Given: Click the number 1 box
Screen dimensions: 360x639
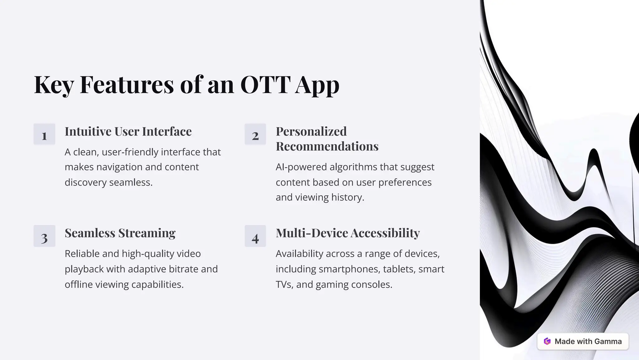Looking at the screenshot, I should click(44, 134).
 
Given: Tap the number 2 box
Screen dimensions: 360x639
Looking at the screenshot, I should click(255, 134).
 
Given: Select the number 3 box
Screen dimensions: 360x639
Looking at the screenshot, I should click(44, 236).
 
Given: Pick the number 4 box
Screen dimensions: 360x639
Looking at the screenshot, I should click(255, 236).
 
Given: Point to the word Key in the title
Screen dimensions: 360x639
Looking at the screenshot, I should click(54, 85).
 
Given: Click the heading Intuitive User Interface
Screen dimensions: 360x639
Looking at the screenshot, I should click(128, 132).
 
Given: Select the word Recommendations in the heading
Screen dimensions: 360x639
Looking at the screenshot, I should click(327, 146).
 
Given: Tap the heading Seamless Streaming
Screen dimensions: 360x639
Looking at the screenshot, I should click(120, 233).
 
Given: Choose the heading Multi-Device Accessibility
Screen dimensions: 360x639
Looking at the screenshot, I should click(348, 233).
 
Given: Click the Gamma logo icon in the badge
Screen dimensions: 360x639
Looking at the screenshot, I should click(547, 341).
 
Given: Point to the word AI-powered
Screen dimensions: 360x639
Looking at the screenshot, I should click(301, 167).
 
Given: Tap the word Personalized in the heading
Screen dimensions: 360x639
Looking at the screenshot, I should click(311, 132).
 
